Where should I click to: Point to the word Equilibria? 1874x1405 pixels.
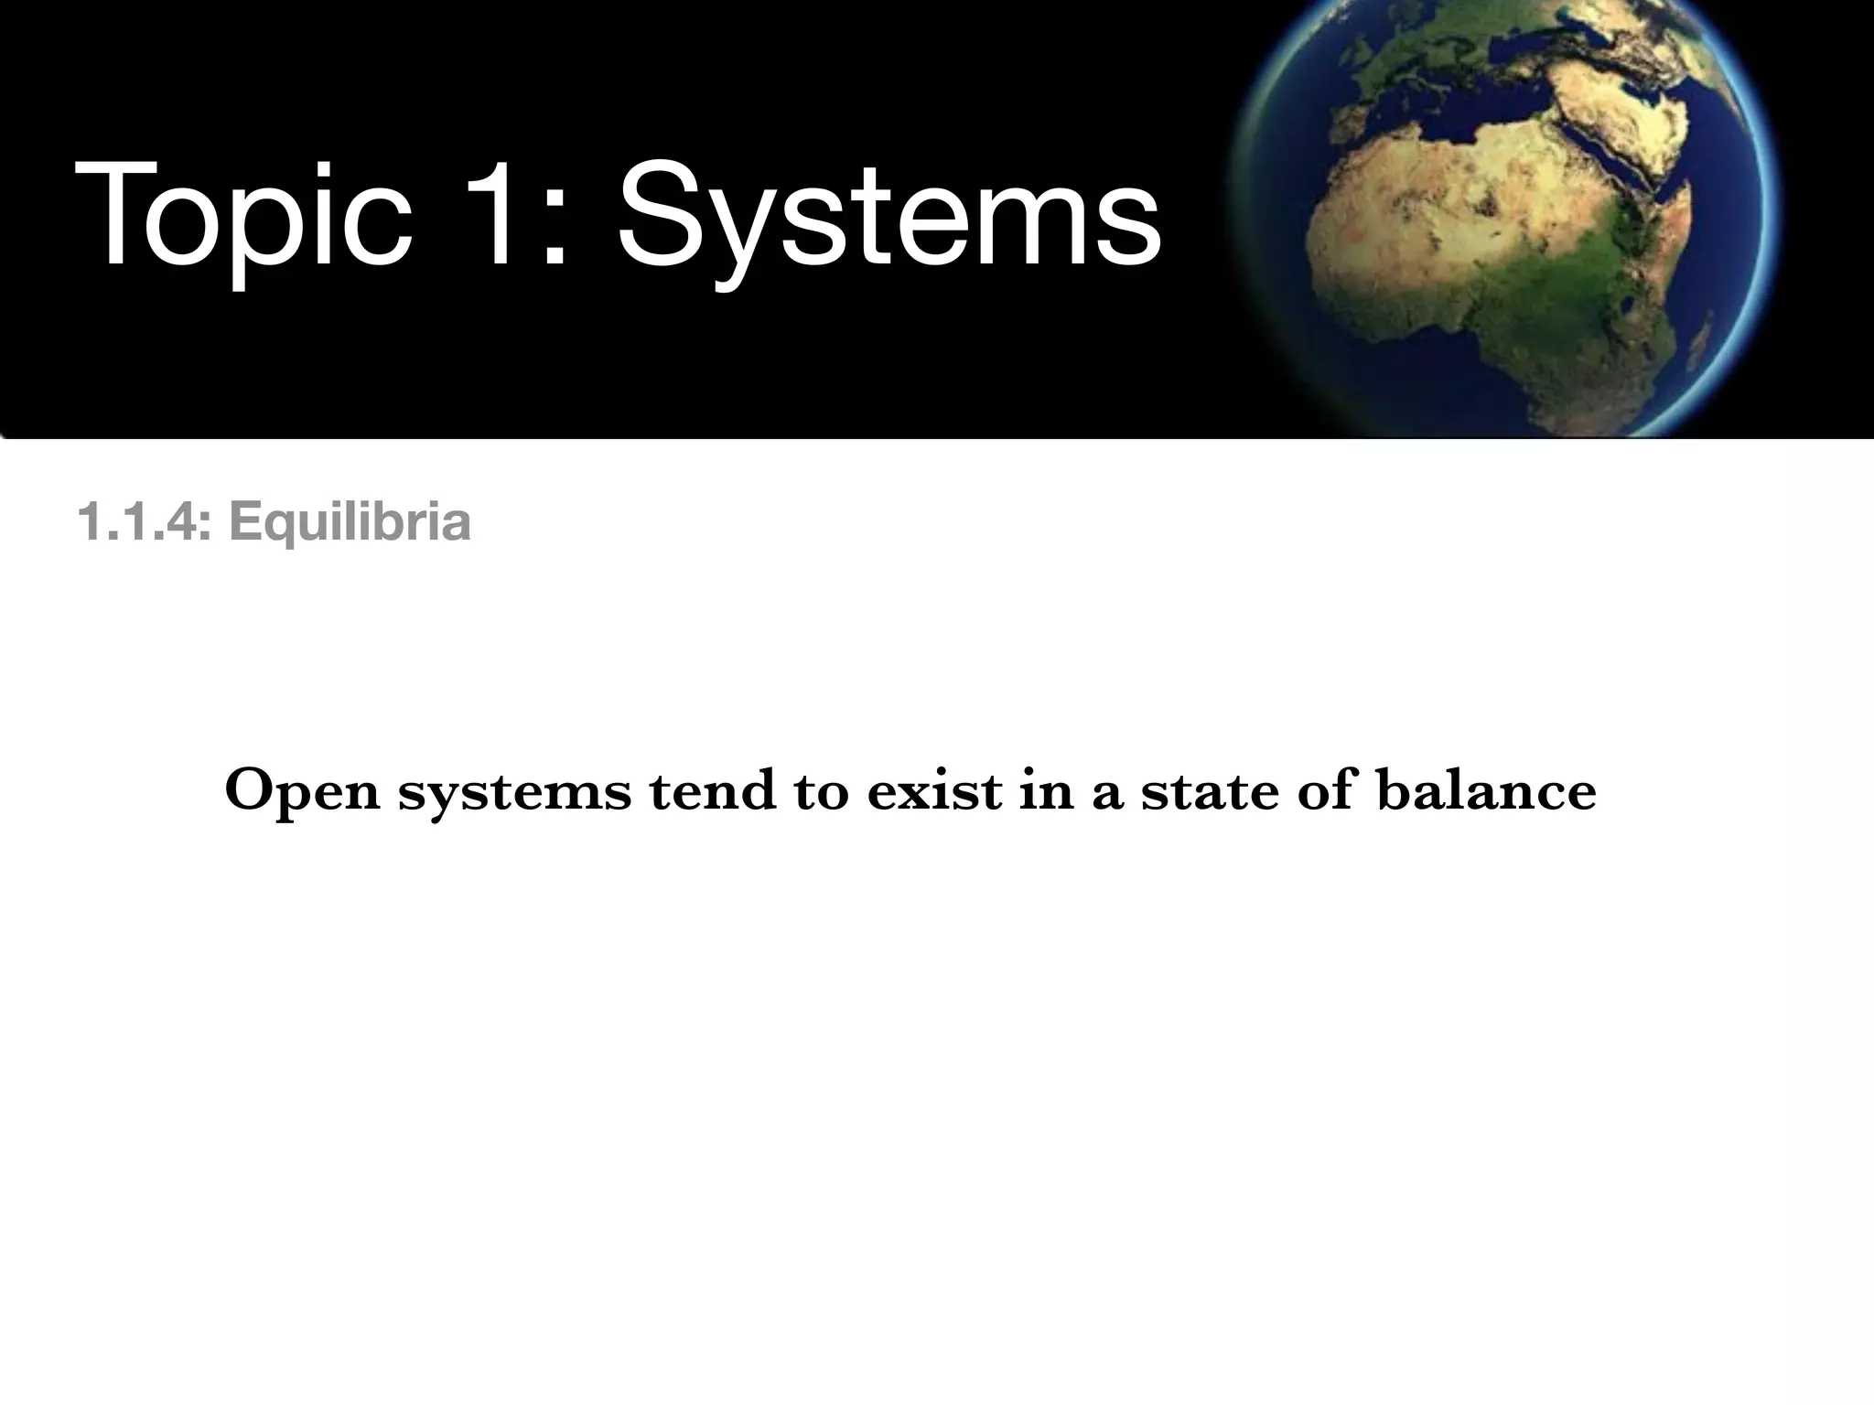(x=350, y=522)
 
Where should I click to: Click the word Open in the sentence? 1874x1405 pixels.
(x=301, y=791)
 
